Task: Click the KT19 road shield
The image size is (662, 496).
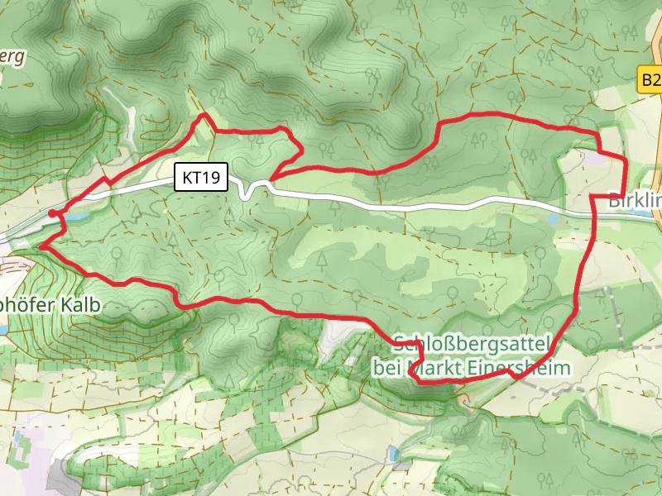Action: pos(200,178)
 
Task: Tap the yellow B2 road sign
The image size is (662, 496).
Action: pos(651,79)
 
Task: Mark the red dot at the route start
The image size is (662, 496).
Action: pos(52,213)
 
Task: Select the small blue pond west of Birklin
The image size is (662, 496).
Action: pos(552,219)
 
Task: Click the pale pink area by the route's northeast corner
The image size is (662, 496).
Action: pos(594,155)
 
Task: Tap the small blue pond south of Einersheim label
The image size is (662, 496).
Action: pos(392,454)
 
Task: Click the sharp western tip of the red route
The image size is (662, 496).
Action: pos(40,246)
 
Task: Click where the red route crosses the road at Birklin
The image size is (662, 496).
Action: pos(594,212)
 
